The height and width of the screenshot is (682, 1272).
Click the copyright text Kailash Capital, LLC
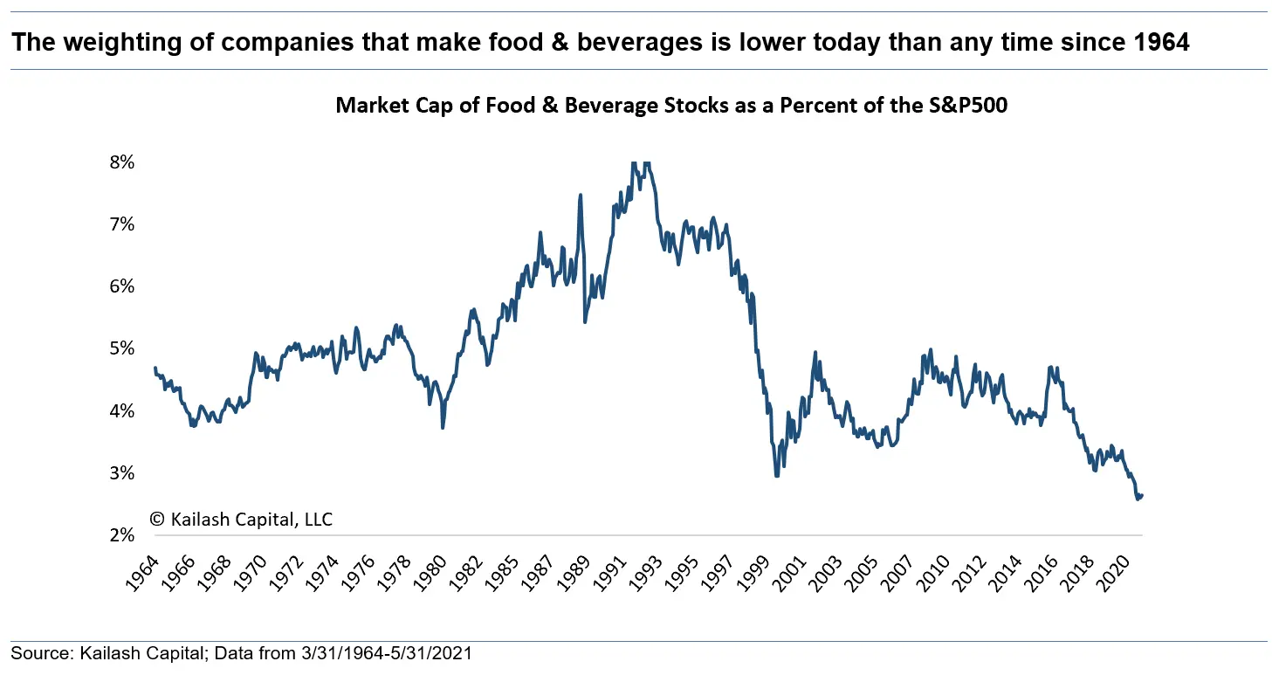point(242,520)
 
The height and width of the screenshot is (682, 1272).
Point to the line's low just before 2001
point(776,476)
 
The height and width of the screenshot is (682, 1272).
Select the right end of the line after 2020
point(1142,495)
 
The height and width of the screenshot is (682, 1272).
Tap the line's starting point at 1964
point(155,368)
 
